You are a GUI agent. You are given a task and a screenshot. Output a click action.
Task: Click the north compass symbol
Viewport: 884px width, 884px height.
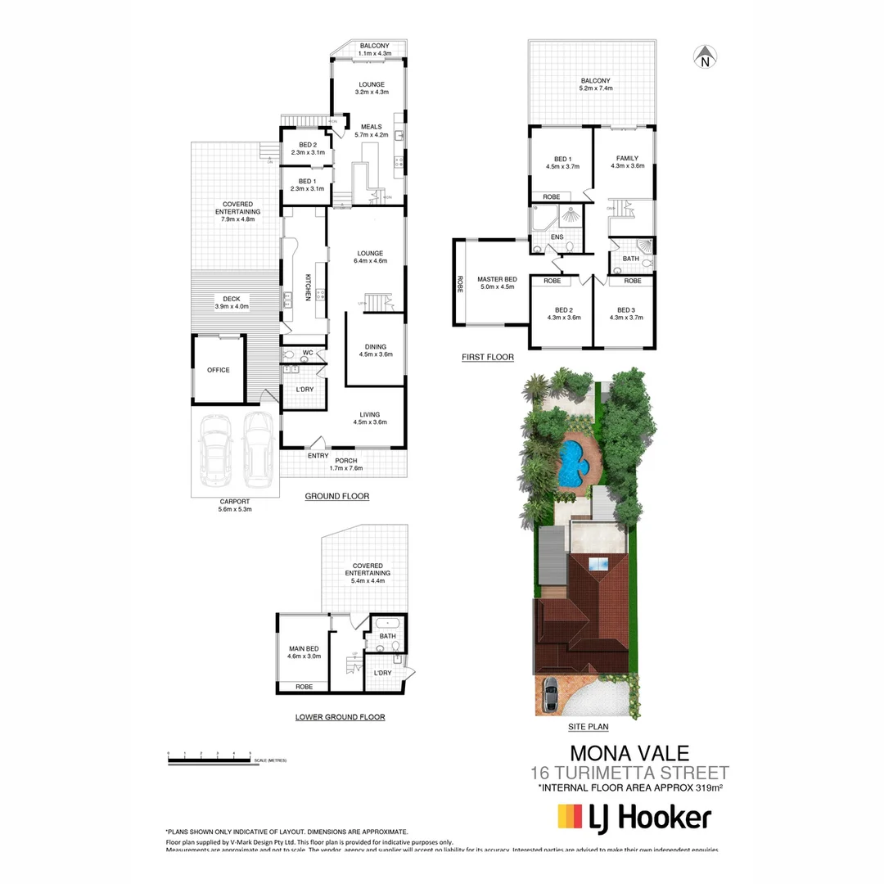[705, 56]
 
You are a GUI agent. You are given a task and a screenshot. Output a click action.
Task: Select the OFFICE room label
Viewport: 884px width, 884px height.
[219, 370]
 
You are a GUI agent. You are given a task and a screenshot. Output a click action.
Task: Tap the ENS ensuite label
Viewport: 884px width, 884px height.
[557, 238]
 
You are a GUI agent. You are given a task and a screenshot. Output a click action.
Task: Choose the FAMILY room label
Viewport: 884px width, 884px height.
[627, 158]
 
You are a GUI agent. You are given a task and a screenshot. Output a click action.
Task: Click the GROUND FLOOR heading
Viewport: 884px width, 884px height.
[337, 496]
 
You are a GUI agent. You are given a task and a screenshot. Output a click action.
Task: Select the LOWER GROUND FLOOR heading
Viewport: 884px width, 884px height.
[340, 717]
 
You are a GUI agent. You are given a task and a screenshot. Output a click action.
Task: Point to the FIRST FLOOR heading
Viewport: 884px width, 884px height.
[487, 357]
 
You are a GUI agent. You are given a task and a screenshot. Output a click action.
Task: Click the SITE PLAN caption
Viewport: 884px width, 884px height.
[588, 726]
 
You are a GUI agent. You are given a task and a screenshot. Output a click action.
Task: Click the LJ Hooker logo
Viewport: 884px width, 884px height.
[634, 817]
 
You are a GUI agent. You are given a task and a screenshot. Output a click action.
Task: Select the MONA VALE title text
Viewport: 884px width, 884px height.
[629, 752]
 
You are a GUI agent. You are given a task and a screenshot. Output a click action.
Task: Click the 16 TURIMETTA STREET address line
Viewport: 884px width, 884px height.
[629, 773]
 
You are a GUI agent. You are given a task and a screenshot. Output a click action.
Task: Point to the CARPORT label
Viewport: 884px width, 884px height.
[234, 501]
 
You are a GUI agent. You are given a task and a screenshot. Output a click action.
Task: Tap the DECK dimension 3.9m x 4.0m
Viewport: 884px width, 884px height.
[232, 307]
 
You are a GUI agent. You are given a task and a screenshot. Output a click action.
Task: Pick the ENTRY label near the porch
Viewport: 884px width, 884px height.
[318, 456]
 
